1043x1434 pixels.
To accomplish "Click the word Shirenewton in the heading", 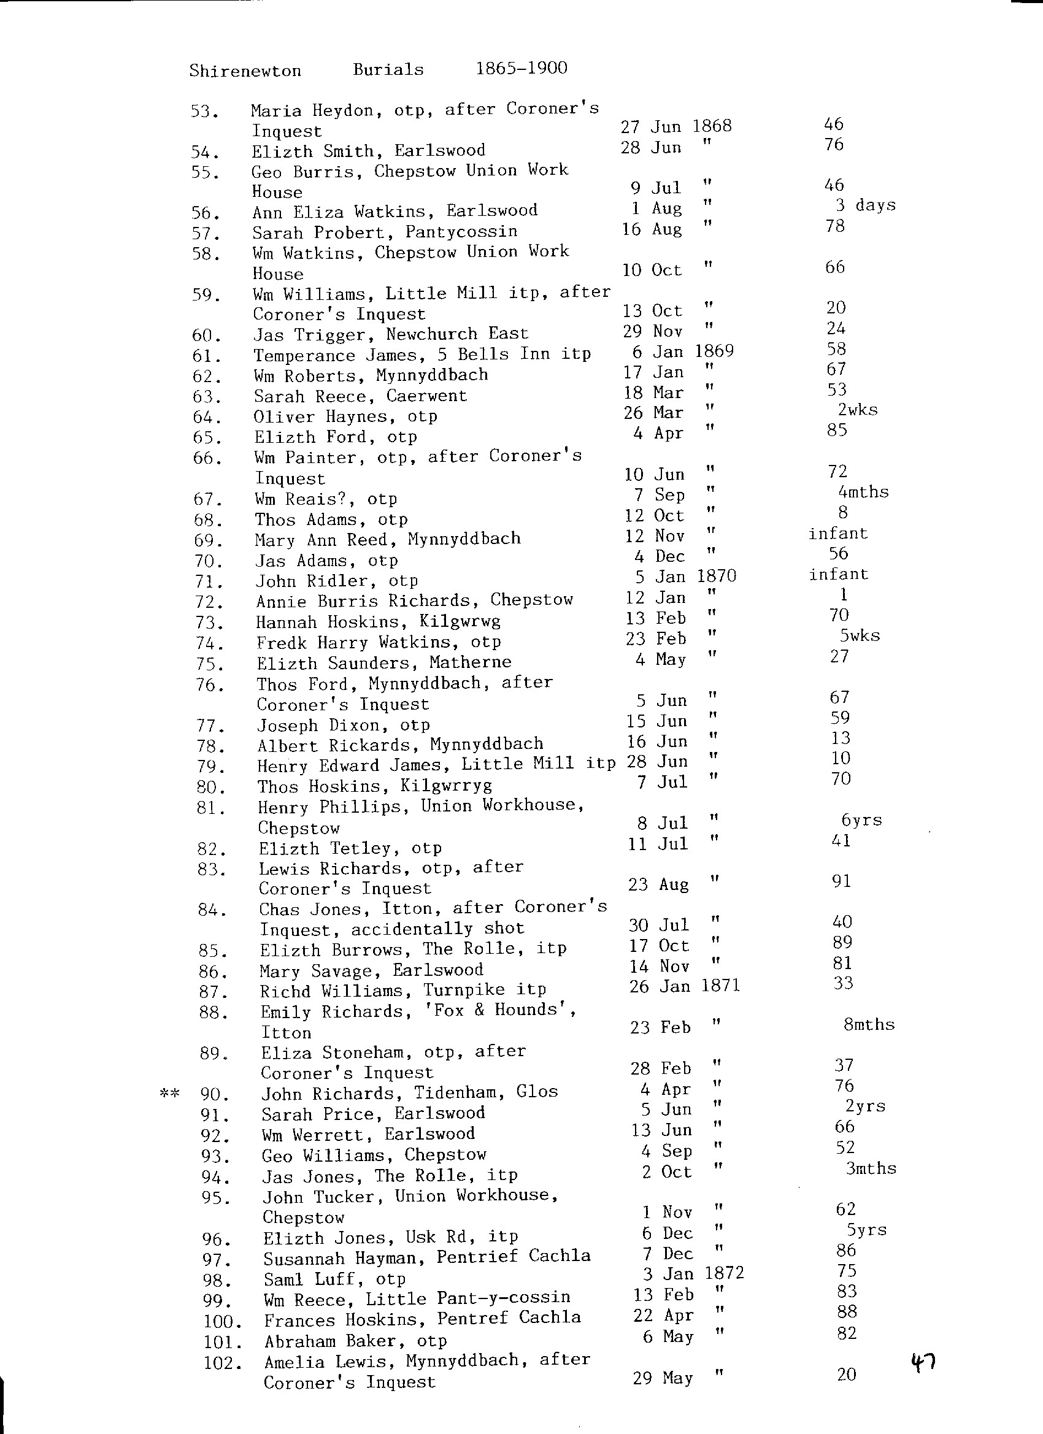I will pyautogui.click(x=245, y=70).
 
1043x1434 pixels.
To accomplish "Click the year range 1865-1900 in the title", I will pyautogui.click(x=521, y=67).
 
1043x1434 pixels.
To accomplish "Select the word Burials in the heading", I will pyautogui.click(x=388, y=69).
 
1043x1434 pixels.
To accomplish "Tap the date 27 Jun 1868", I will pyautogui.click(x=675, y=126).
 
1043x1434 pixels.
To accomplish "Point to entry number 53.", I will pyautogui.click(x=205, y=112).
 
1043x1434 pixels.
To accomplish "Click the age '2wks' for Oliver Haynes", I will pyautogui.click(x=857, y=410).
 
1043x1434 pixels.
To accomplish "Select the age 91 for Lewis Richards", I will pyautogui.click(x=841, y=881).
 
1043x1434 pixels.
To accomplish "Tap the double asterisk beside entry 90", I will pyautogui.click(x=169, y=1093).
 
